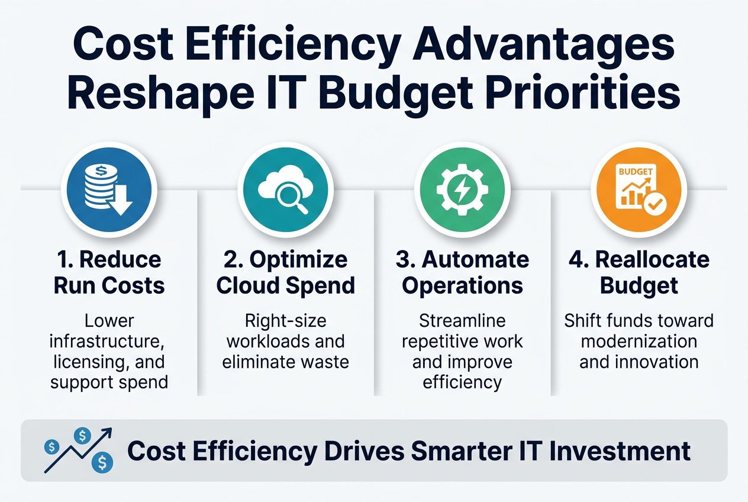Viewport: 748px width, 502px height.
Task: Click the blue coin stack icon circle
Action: pyautogui.click(x=109, y=189)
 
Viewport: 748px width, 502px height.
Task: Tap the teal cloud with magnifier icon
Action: pyautogui.click(x=285, y=189)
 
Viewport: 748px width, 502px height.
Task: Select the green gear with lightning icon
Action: pyautogui.click(x=462, y=189)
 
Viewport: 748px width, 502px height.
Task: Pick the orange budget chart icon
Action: pyautogui.click(x=639, y=189)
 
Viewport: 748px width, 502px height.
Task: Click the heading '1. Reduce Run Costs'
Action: pyautogui.click(x=109, y=272)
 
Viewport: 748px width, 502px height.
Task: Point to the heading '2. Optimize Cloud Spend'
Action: pyautogui.click(x=285, y=272)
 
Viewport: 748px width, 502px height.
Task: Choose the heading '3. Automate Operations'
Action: pyautogui.click(x=462, y=272)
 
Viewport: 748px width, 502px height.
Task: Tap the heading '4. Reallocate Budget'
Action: pyautogui.click(x=639, y=272)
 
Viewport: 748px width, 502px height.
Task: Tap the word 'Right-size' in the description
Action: pyautogui.click(x=285, y=321)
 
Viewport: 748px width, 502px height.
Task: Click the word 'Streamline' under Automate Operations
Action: pyautogui.click(x=462, y=321)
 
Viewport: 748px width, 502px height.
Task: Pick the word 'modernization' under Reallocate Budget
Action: pyautogui.click(x=639, y=342)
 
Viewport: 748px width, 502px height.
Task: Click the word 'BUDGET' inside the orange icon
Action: pyautogui.click(x=634, y=172)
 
